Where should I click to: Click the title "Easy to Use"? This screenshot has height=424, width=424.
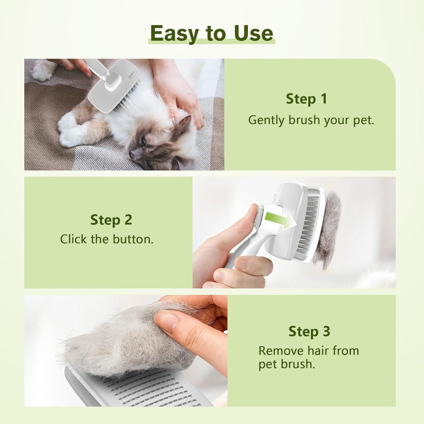pos(211,33)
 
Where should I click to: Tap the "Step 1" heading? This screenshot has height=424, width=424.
pos(306,99)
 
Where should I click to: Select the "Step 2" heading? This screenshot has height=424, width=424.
pos(111,220)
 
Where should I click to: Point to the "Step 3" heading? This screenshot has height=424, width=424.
pos(309,331)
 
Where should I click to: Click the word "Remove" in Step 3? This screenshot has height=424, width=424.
pos(281,351)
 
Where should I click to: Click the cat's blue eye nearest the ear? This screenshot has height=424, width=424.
pos(144,140)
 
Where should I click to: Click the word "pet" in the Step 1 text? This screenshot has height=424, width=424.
pos(363,121)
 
